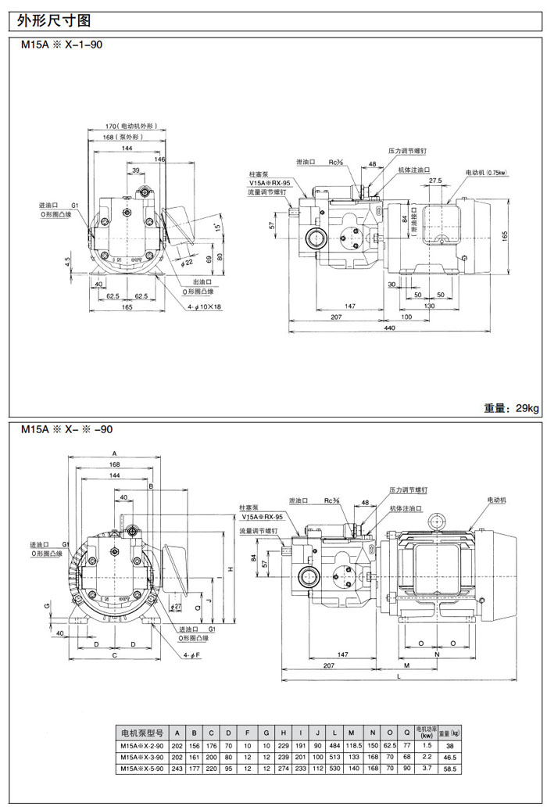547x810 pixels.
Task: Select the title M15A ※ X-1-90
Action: coord(62,45)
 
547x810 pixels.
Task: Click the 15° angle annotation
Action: coord(216,228)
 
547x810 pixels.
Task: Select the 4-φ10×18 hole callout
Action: coord(206,307)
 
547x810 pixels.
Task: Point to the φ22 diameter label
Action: coord(186,260)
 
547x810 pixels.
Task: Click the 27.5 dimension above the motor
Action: coord(434,181)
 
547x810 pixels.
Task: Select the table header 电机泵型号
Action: coord(141,733)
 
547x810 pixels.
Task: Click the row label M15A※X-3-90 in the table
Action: coord(141,758)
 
